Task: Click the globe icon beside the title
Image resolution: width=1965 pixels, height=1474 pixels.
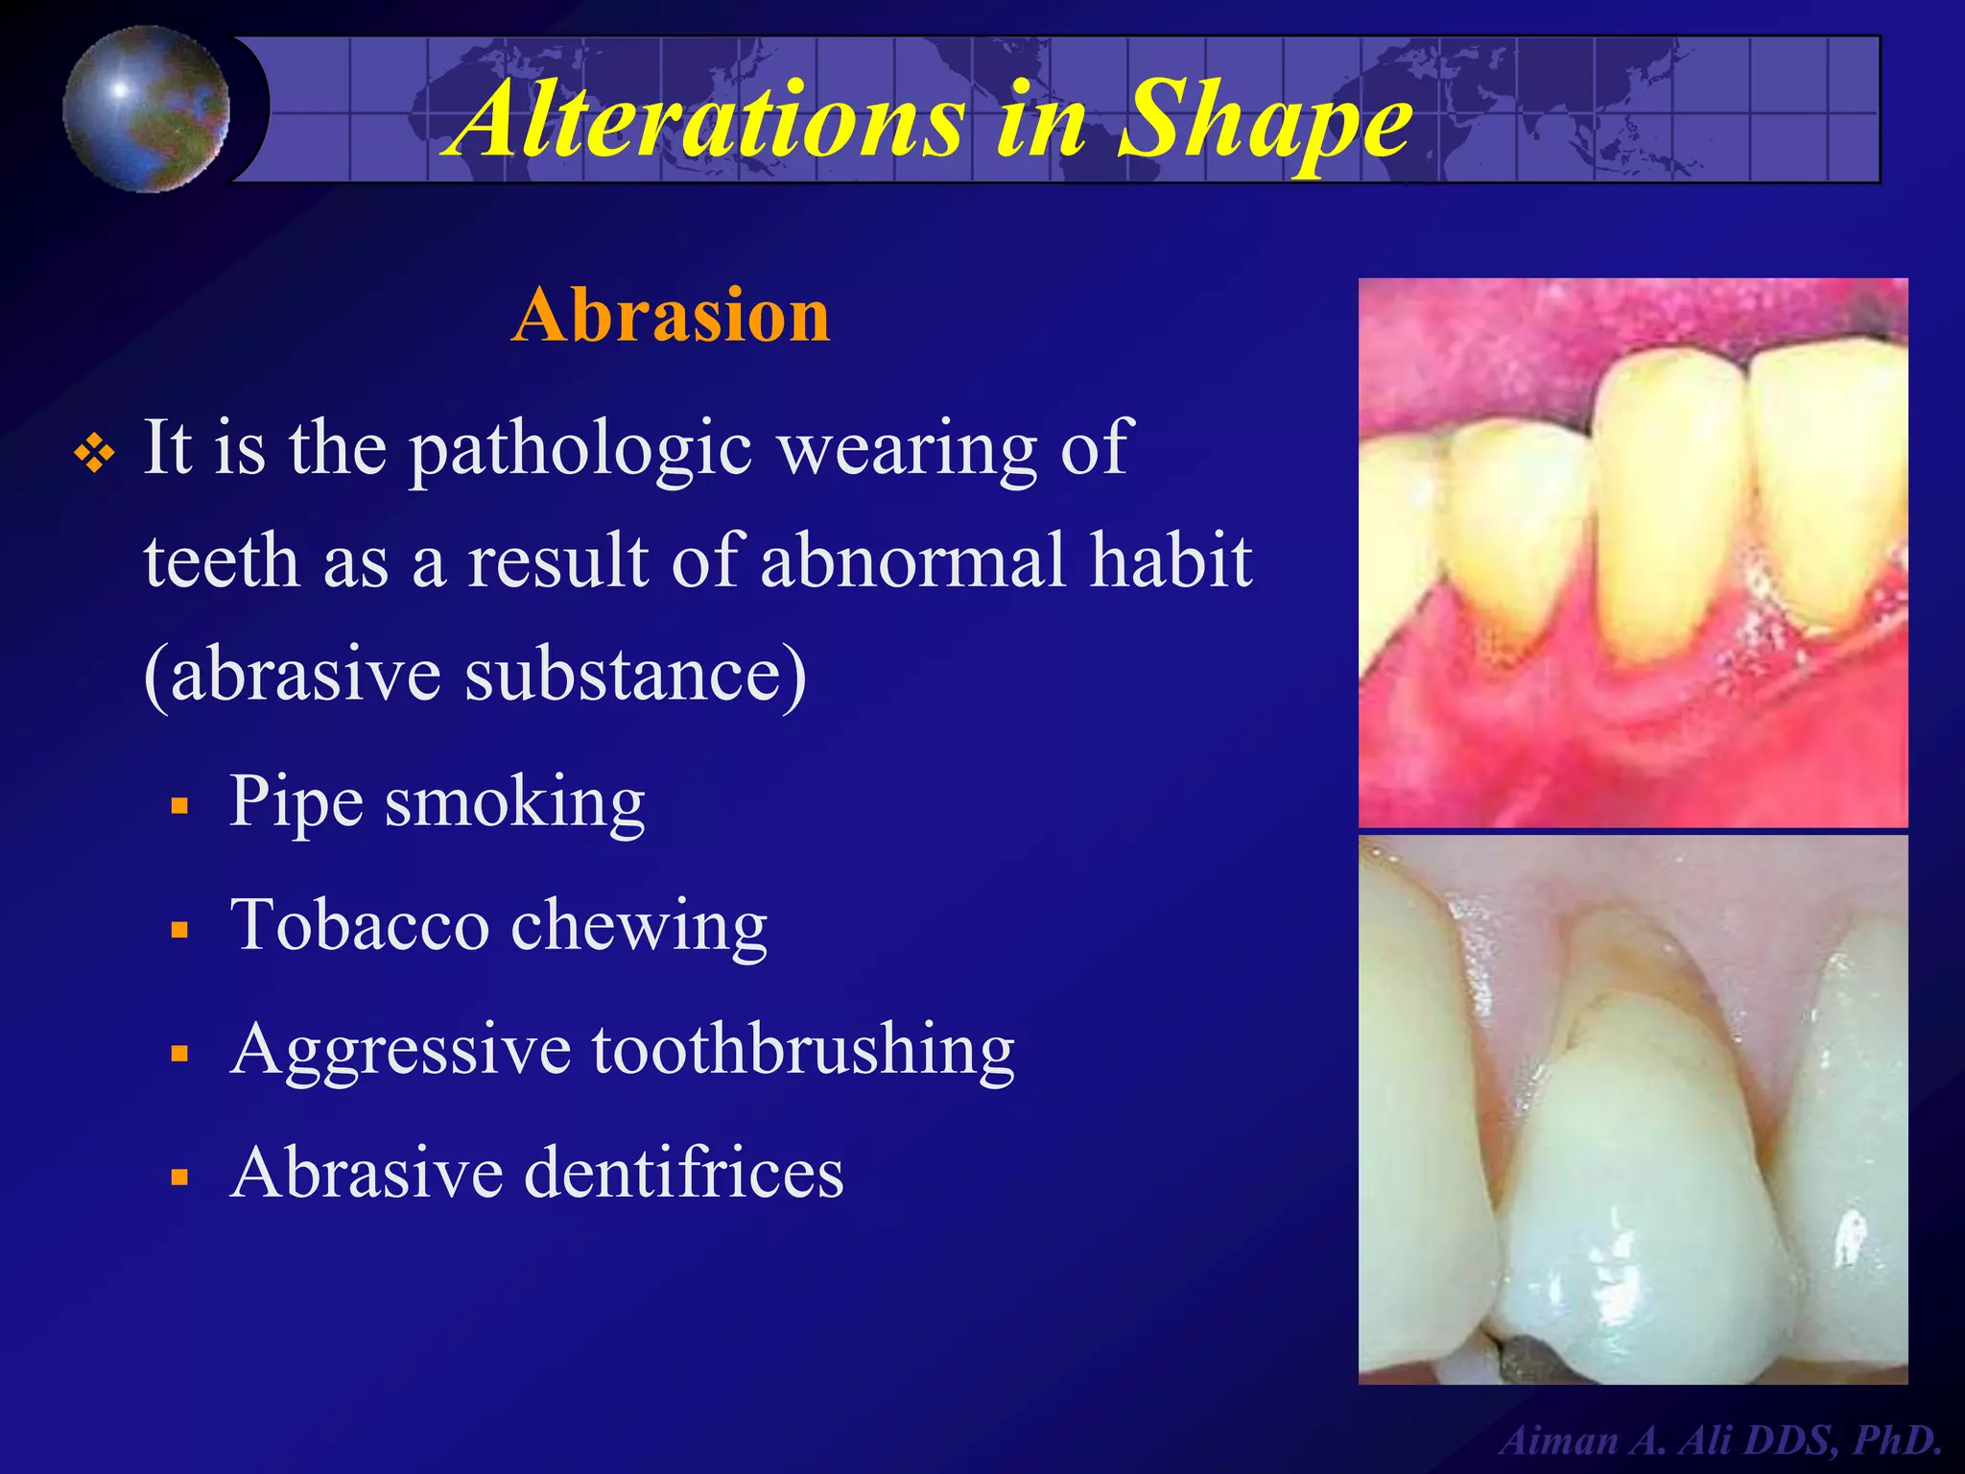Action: click(146, 109)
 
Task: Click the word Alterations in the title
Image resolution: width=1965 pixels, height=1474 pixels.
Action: click(710, 119)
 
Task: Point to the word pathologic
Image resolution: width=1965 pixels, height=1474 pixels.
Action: click(581, 449)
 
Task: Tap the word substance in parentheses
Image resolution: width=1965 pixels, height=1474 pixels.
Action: click(624, 674)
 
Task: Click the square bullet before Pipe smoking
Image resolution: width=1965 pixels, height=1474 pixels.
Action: click(179, 806)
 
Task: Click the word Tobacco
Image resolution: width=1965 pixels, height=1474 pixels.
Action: click(360, 925)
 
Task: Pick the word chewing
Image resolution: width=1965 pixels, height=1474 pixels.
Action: click(639, 927)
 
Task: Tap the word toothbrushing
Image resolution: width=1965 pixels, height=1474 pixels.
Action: click(802, 1050)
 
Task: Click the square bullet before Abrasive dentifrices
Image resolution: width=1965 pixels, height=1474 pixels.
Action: click(179, 1177)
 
